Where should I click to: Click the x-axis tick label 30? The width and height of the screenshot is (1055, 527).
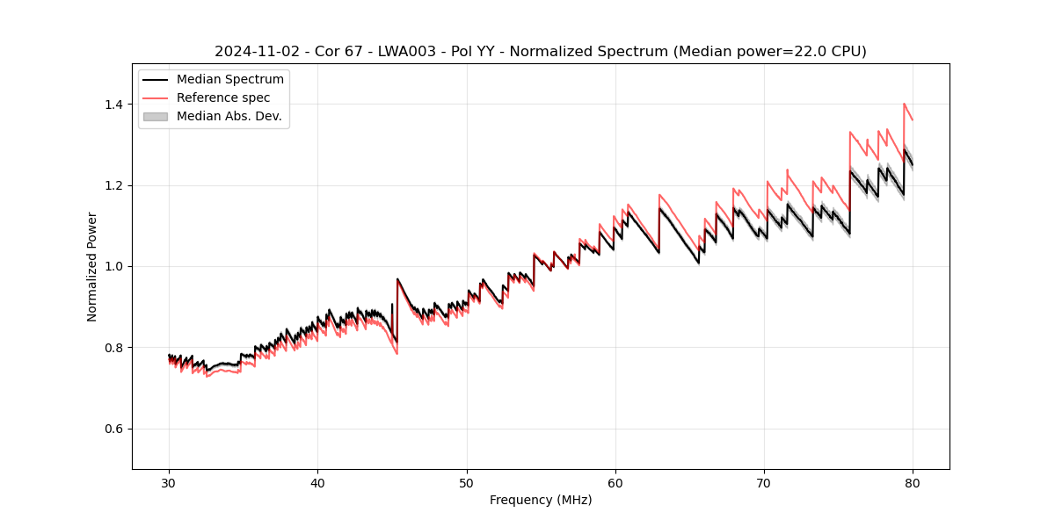pos(169,482)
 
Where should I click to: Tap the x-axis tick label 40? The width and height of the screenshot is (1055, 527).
pos(317,482)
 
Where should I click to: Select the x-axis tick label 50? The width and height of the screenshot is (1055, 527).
pos(466,482)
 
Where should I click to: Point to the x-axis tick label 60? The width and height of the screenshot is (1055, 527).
pos(615,482)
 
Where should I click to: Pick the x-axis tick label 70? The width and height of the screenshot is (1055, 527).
pos(764,482)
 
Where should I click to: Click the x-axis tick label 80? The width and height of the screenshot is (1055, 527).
pos(913,482)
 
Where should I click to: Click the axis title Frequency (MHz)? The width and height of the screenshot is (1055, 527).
pos(541,500)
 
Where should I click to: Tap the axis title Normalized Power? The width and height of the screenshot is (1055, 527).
pos(92,266)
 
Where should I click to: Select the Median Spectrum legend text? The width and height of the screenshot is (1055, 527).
pos(229,80)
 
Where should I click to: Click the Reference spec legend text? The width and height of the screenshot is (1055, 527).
pos(223,97)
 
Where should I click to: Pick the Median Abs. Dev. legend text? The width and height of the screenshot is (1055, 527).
pos(229,116)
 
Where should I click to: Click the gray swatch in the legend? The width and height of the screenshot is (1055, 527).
pos(156,116)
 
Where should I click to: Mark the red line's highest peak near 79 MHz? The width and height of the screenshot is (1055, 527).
pos(904,104)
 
